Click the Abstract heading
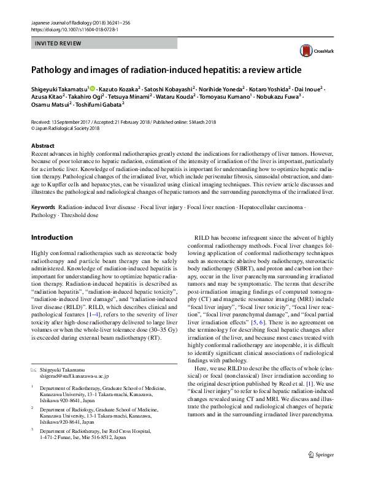[43, 146]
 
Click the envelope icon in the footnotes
[34, 370]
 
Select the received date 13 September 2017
[69, 123]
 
